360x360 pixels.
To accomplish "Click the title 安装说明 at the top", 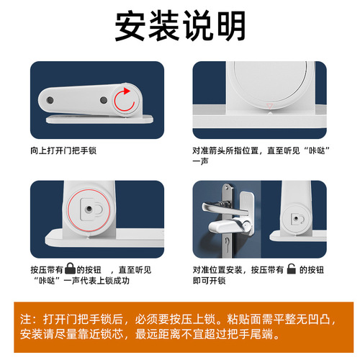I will coord(180,27).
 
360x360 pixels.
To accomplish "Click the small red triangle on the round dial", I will coord(269,105).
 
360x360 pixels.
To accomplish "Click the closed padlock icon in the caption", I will coord(69,268).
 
